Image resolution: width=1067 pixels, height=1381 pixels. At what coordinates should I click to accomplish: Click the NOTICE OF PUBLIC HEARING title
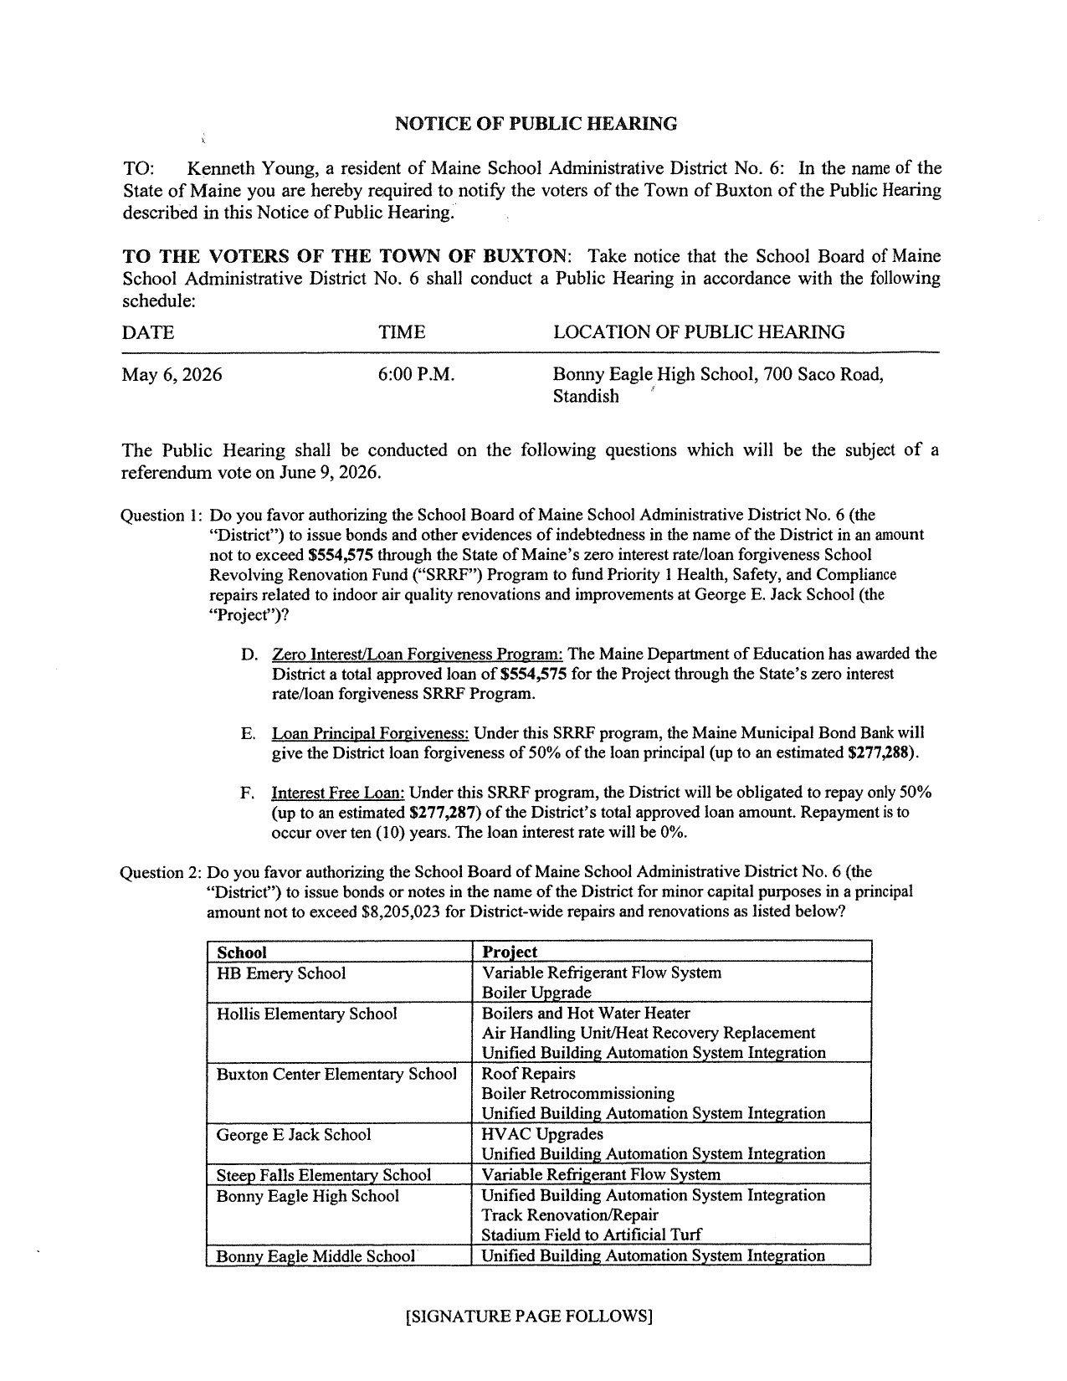536,125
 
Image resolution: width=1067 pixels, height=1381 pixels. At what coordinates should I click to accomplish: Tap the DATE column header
148,332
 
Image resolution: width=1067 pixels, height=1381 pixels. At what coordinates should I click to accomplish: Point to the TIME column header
402,332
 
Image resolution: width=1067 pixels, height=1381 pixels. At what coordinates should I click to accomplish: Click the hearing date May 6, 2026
172,374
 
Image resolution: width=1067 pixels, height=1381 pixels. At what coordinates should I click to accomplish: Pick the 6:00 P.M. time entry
417,374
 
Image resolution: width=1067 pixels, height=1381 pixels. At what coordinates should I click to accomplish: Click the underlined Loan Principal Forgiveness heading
370,733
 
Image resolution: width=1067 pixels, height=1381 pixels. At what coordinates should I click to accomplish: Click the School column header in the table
241,952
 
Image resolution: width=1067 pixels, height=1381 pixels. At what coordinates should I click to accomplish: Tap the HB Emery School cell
281,973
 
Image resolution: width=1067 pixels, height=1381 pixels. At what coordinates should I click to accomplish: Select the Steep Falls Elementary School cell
324,1175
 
